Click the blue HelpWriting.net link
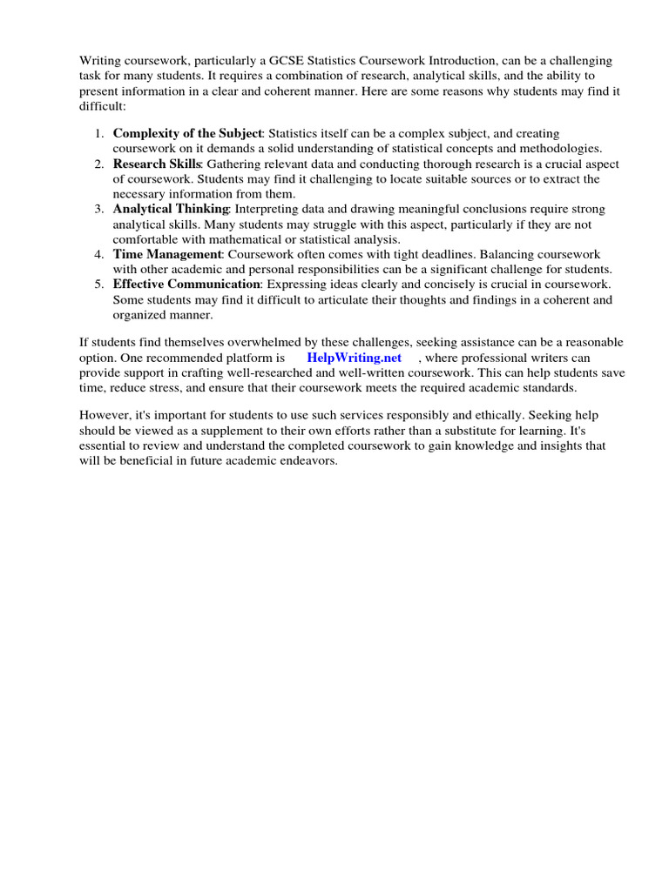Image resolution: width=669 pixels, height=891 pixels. point(355,358)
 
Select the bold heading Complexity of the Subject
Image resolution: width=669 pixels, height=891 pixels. point(187,133)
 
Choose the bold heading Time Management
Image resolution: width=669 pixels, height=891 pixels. point(167,254)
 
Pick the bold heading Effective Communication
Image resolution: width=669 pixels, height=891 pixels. point(186,284)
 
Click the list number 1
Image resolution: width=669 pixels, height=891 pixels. point(99,133)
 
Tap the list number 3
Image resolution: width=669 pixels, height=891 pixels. point(99,209)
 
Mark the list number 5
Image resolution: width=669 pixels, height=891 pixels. point(99,284)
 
